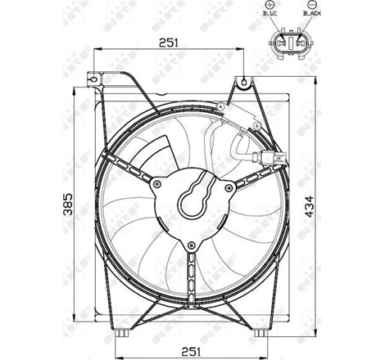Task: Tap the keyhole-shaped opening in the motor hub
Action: point(194,196)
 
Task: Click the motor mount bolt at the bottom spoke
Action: point(191,244)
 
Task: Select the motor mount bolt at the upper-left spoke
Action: point(156,185)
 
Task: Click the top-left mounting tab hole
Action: point(95,79)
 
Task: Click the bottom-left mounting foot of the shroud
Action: point(123,333)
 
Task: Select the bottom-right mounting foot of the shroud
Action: point(260,333)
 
